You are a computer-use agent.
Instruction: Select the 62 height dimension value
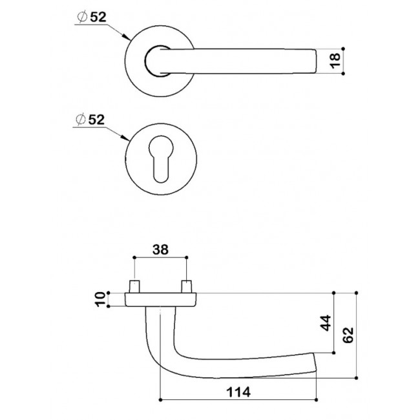click(x=349, y=335)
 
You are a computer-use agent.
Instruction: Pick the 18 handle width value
click(x=334, y=60)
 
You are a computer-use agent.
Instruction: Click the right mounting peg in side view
click(x=186, y=285)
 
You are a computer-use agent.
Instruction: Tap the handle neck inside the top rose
click(x=157, y=61)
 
